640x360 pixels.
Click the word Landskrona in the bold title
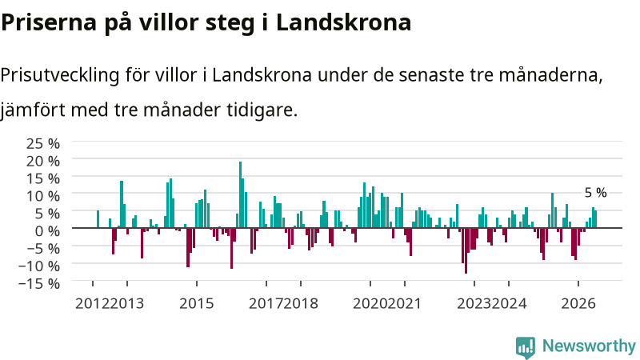(343, 22)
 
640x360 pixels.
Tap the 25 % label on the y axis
(43, 144)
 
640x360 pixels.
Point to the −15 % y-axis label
(39, 283)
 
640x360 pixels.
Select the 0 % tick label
(47, 231)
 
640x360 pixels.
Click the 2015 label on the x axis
(196, 304)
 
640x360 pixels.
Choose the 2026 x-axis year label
(578, 304)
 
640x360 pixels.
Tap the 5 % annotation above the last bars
(595, 193)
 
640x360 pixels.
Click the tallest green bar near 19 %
(241, 194)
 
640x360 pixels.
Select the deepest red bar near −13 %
(466, 250)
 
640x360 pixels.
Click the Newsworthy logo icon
(526, 347)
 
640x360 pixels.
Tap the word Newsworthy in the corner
(589, 346)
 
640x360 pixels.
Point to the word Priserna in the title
(49, 22)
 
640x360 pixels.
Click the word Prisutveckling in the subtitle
(59, 75)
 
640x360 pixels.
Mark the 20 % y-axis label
(43, 162)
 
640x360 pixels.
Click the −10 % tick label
(39, 266)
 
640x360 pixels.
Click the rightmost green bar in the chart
(595, 219)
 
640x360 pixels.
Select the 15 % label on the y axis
(43, 178)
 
